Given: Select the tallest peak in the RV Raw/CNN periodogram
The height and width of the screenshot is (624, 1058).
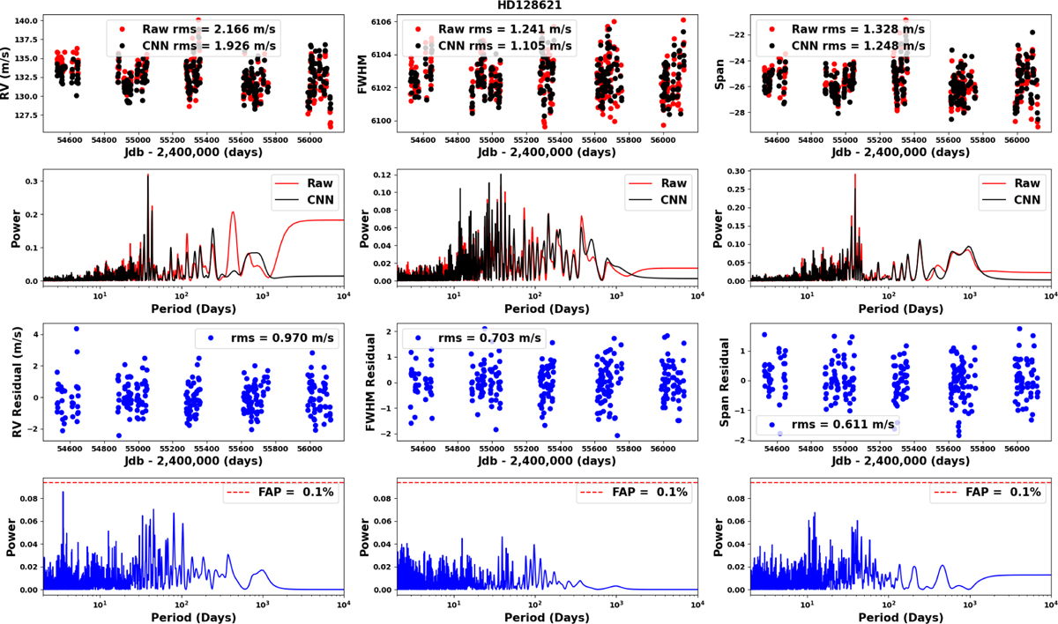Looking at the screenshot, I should click(148, 176).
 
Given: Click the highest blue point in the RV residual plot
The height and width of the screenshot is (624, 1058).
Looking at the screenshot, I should click(77, 329).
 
